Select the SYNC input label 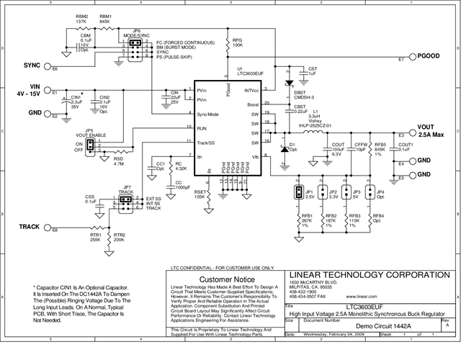tap(32, 65)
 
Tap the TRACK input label tap(30, 226)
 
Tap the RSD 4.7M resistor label tap(118, 161)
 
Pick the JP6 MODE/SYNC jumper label tap(136, 35)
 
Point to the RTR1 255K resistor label tap(95, 238)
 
